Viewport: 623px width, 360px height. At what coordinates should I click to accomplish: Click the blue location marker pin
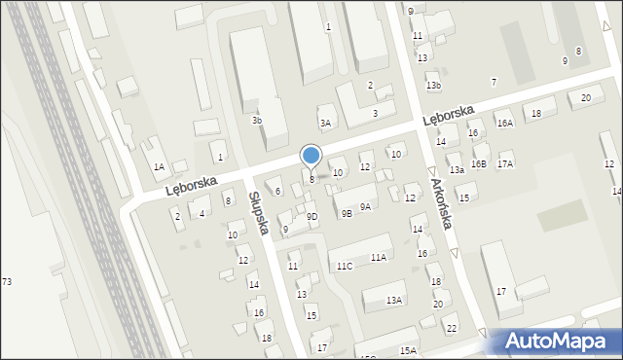tap(311, 156)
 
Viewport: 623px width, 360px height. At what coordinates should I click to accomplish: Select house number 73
tap(7, 281)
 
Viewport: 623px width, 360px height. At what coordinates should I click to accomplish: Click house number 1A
tap(159, 166)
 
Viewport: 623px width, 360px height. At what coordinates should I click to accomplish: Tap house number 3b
tap(257, 121)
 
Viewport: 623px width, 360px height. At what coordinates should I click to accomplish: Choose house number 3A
tap(325, 123)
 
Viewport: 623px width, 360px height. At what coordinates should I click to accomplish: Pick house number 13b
tap(433, 86)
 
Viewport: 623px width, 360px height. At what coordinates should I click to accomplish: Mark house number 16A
tap(504, 124)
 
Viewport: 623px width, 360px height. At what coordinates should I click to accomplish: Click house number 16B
tap(478, 164)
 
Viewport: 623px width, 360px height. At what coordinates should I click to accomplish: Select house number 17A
tap(505, 163)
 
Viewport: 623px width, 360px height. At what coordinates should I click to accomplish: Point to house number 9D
tap(311, 216)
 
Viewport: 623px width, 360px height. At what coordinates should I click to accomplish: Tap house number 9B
tap(347, 214)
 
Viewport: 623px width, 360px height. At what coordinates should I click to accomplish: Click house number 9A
tap(365, 206)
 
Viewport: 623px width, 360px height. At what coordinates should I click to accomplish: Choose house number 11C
tap(345, 266)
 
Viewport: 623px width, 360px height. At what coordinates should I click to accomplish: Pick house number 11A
tap(378, 257)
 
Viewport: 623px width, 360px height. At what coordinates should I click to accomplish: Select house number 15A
tap(408, 350)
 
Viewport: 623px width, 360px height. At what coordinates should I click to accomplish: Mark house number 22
tap(451, 328)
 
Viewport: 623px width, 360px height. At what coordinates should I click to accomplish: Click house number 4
tap(202, 213)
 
